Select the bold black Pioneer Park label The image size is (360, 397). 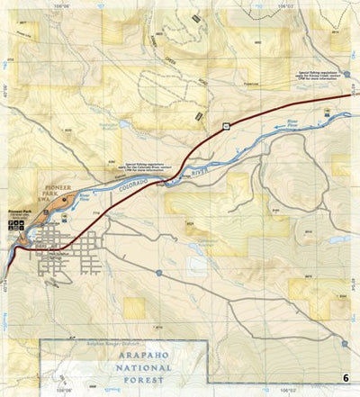(x=18, y=208)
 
